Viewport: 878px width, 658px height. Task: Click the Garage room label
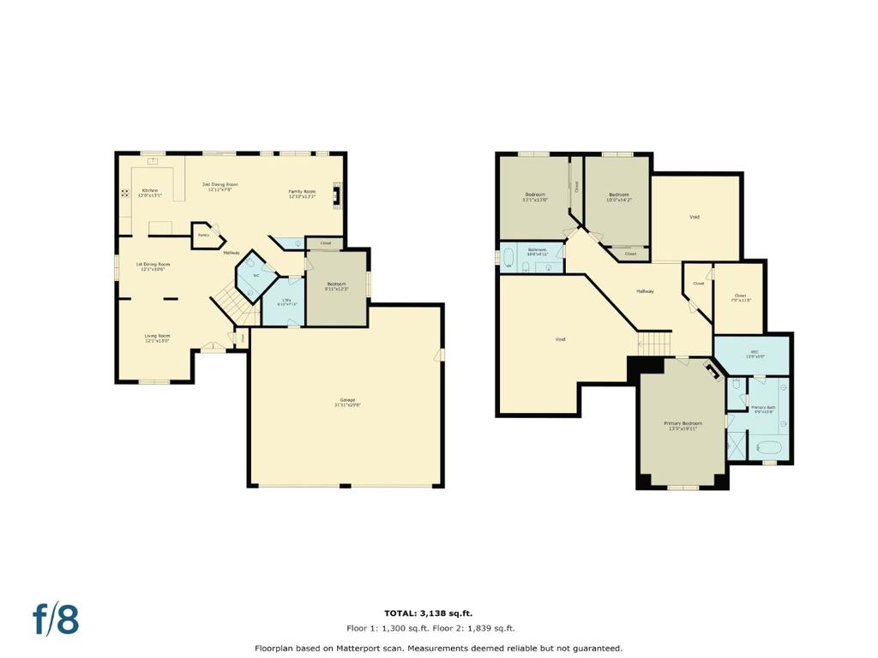pos(347,402)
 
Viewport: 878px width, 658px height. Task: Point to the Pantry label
pos(203,234)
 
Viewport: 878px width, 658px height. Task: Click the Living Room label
pos(157,338)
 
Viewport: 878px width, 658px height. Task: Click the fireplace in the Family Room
pos(340,195)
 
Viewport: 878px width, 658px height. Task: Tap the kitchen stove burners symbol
pos(125,193)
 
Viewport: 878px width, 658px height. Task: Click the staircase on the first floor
pos(228,303)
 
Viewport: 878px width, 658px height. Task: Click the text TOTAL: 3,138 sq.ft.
pos(428,613)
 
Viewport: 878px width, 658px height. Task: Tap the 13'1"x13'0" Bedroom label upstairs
pos(537,197)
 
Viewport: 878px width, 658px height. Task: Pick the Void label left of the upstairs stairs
pos(560,339)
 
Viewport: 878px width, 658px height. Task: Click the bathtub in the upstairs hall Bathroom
pos(509,257)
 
